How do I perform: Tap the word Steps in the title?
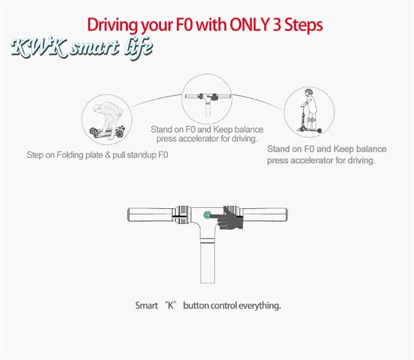(x=303, y=25)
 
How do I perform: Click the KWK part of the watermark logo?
(x=39, y=48)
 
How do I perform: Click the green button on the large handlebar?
(x=208, y=215)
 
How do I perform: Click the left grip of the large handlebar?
(x=150, y=215)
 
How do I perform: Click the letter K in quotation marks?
(x=171, y=306)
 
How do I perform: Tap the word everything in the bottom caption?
(x=260, y=306)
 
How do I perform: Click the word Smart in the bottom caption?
(x=146, y=306)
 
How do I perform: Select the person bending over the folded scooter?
(x=108, y=120)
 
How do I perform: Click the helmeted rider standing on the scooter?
(x=309, y=110)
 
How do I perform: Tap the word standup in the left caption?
(x=143, y=155)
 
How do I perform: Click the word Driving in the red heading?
(x=112, y=25)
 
